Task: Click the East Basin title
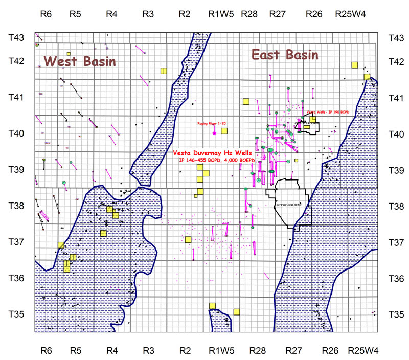click(285, 55)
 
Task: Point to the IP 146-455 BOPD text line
click(221, 160)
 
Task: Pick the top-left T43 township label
click(17, 37)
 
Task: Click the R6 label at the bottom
click(46, 351)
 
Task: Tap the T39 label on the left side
click(17, 169)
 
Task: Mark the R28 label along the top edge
click(249, 15)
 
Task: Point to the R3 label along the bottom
click(148, 351)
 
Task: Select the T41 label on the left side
click(17, 97)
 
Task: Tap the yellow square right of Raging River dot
click(224, 131)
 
